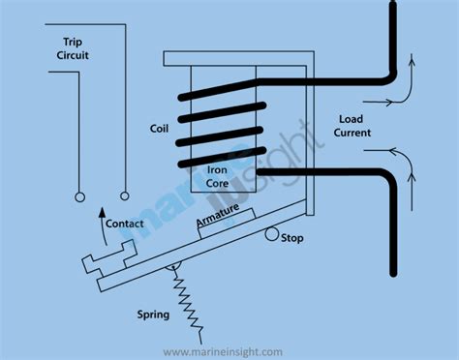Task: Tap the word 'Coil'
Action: click(160, 128)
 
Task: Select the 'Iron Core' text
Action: click(224, 175)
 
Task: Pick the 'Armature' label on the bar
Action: click(222, 220)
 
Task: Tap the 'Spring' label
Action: click(153, 315)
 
